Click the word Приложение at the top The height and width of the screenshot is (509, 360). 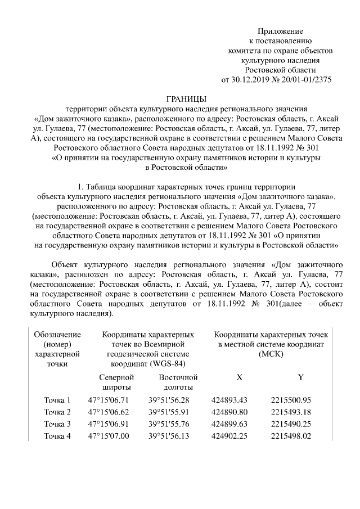[x=280, y=31]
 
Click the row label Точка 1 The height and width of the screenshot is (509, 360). [x=57, y=400]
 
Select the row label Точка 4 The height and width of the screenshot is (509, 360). [x=57, y=436]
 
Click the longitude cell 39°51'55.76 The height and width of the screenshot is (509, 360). [x=169, y=424]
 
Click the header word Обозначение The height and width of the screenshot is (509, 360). [x=57, y=334]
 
